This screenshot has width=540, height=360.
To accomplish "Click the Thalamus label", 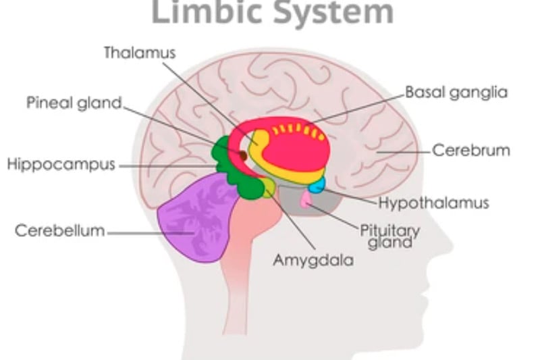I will [x=139, y=53].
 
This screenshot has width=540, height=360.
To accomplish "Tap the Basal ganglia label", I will [x=456, y=93].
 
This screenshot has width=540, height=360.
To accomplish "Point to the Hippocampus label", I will [x=61, y=165].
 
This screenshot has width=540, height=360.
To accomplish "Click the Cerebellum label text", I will [x=60, y=230].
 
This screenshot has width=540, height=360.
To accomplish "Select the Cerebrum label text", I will [x=471, y=150].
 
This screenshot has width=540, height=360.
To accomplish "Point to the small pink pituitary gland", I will [x=306, y=200].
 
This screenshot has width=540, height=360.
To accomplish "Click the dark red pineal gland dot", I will [x=242, y=157].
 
